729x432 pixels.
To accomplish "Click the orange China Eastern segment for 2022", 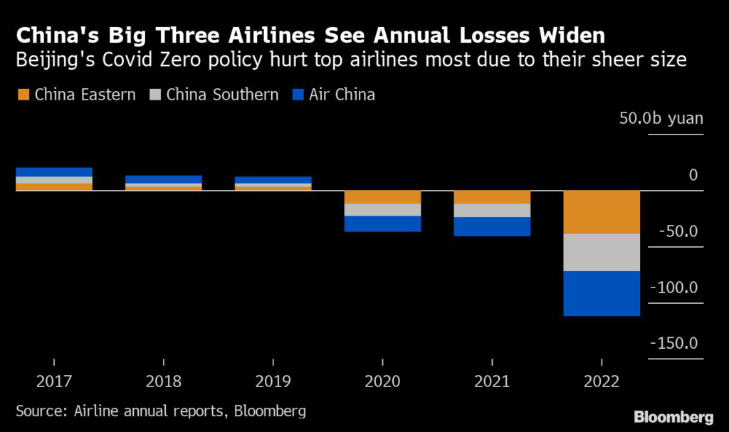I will pyautogui.click(x=602, y=212).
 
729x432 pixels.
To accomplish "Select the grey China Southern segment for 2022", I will pyautogui.click(x=602, y=253).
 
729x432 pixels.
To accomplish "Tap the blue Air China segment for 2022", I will pyautogui.click(x=602, y=293).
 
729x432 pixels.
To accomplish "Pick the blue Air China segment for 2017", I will pyautogui.click(x=54, y=172).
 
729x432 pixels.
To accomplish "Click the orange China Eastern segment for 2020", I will pyautogui.click(x=382, y=197).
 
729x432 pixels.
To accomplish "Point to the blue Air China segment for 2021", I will pyautogui.click(x=492, y=226).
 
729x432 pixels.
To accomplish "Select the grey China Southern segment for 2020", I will pyautogui.click(x=382, y=210).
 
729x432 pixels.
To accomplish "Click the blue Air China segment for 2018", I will pyautogui.click(x=164, y=179).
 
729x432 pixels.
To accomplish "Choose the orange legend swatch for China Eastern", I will pyautogui.click(x=23, y=94).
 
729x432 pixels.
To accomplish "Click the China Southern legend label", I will pyautogui.click(x=222, y=94).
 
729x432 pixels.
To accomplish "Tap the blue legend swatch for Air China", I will pyautogui.click(x=298, y=94).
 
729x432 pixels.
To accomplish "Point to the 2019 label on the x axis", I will pyautogui.click(x=273, y=381).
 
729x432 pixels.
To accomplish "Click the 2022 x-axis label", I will pyautogui.click(x=602, y=381).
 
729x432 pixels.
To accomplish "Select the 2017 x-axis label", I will pyautogui.click(x=54, y=381).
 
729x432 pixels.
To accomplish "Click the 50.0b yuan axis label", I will pyautogui.click(x=661, y=118).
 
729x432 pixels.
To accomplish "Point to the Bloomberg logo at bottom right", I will pyautogui.click(x=673, y=416).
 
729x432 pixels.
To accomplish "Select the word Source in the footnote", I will pyautogui.click(x=39, y=411).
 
